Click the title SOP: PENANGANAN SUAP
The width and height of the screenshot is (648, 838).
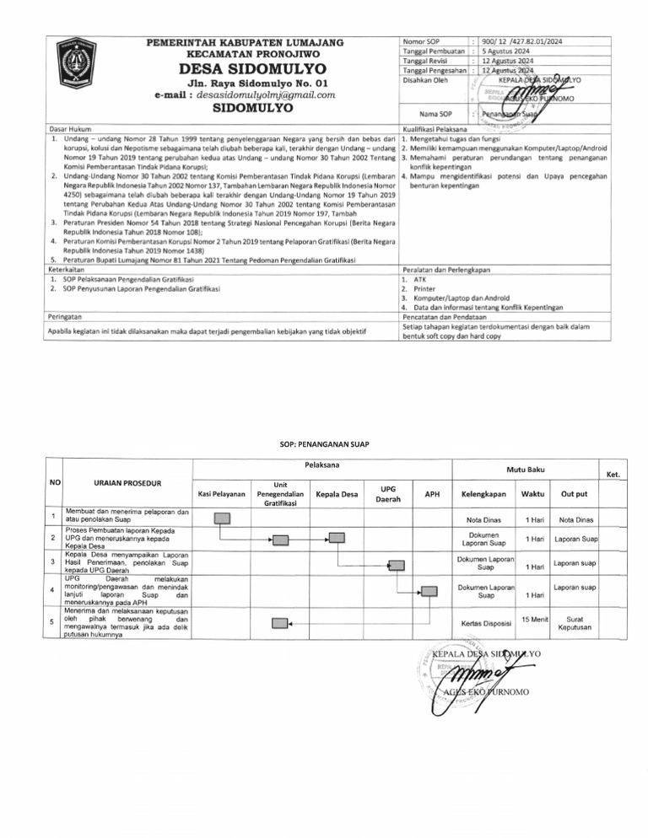click(324, 444)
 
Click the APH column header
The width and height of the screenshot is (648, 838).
click(431, 492)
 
